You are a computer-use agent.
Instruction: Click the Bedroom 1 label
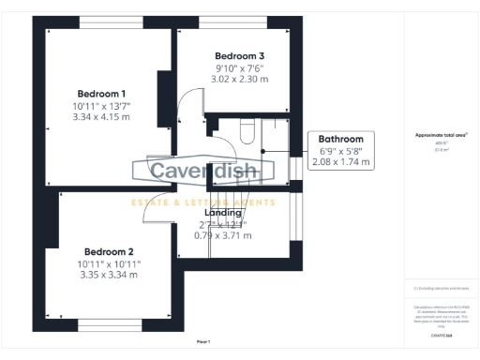(x=101, y=94)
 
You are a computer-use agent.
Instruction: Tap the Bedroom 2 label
(x=109, y=251)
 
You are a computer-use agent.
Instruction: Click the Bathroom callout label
(x=339, y=140)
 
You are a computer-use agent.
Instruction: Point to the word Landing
(x=223, y=213)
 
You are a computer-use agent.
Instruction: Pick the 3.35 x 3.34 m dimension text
(x=109, y=275)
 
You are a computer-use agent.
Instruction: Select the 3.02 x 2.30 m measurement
(x=239, y=79)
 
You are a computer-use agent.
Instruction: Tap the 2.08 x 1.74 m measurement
(x=339, y=162)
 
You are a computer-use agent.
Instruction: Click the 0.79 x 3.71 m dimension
(x=223, y=234)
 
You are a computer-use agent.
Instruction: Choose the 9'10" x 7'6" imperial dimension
(x=239, y=67)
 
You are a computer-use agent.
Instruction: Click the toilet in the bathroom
(x=246, y=132)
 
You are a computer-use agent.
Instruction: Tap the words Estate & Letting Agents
(x=202, y=202)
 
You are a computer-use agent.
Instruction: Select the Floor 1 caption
(x=202, y=341)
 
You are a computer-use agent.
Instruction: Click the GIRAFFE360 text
(x=440, y=334)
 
